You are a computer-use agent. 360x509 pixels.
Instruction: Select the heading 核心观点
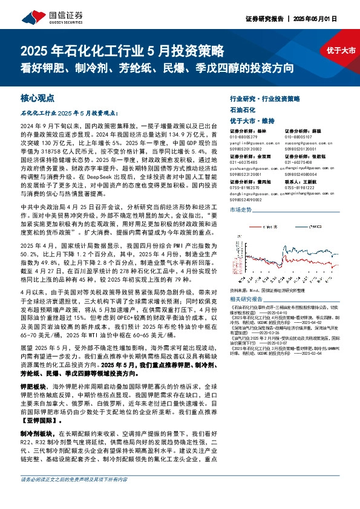38,96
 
